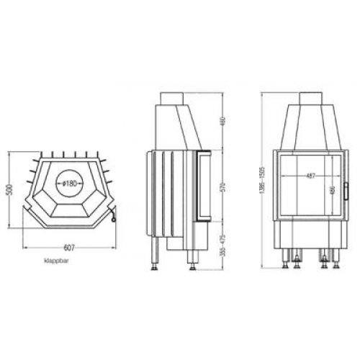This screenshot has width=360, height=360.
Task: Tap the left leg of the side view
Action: tap(154, 254)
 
